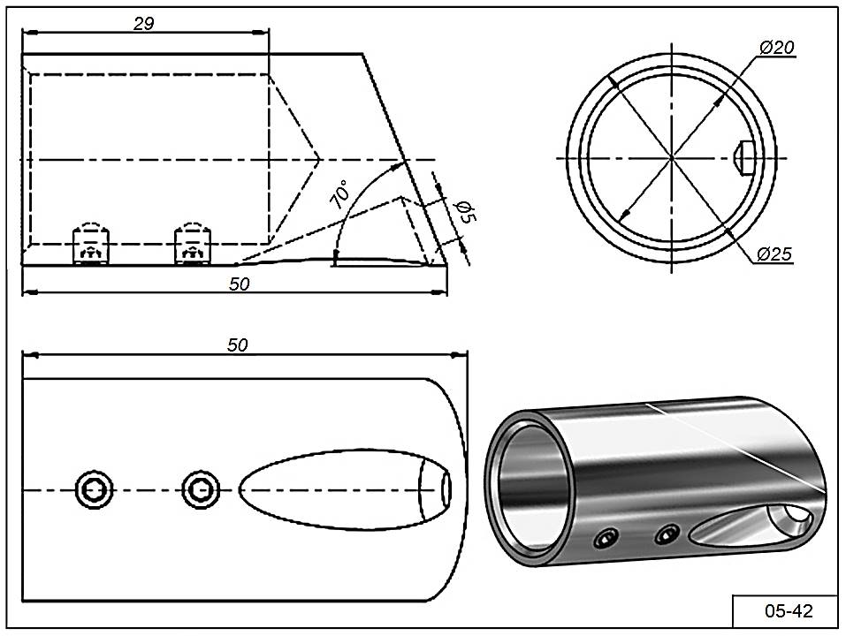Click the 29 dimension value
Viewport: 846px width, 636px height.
pyautogui.click(x=144, y=24)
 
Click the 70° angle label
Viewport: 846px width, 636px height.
pyautogui.click(x=339, y=194)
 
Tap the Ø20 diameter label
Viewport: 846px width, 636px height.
pyautogui.click(x=776, y=48)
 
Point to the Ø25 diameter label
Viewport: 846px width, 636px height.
pyautogui.click(x=774, y=255)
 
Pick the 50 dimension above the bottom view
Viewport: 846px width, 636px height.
pyautogui.click(x=237, y=345)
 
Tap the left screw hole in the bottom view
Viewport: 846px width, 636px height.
pyautogui.click(x=93, y=488)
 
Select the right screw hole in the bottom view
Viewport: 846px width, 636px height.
pyautogui.click(x=201, y=488)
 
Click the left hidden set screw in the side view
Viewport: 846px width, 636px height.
pyautogui.click(x=91, y=245)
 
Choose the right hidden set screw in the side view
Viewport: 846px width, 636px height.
pyautogui.click(x=192, y=245)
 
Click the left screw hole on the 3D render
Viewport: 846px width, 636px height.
pyautogui.click(x=606, y=537)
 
